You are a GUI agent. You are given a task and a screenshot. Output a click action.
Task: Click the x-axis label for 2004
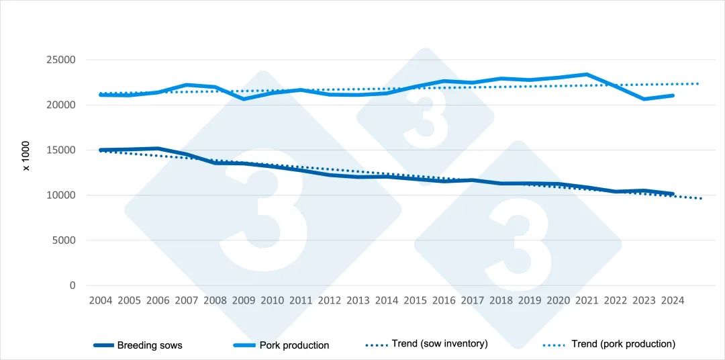101,301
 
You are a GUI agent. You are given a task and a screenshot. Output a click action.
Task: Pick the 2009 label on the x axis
244,301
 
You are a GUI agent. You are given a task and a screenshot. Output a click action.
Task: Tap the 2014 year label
387,301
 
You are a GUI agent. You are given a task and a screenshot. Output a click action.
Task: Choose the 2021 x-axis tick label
587,301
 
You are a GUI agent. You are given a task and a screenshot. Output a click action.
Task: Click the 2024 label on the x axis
672,301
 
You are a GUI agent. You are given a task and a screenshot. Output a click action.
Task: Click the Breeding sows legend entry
149,345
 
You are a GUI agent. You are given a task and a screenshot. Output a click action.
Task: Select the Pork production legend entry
294,345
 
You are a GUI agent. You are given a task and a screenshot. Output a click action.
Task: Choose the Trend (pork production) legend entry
623,344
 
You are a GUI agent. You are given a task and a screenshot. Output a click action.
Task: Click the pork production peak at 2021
587,75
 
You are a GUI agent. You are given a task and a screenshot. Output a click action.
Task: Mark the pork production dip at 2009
244,99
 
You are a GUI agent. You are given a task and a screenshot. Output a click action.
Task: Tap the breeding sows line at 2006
158,148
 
